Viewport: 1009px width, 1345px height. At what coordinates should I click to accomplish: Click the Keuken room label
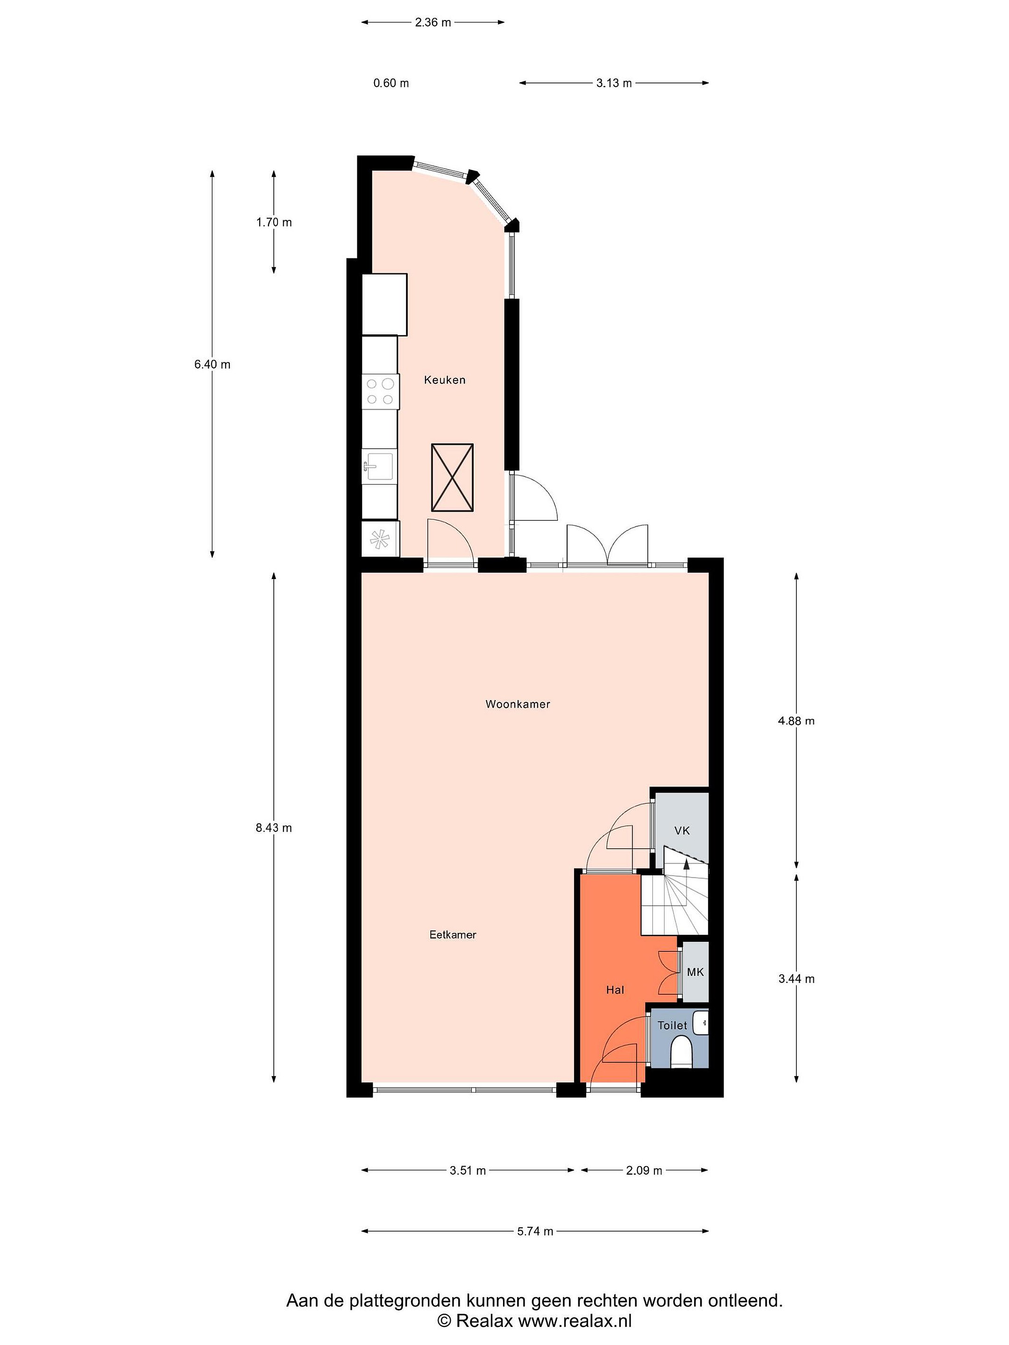445,380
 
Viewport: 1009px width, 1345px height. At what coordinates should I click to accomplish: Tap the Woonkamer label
518,704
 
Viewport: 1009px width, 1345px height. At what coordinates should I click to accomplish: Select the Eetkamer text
453,934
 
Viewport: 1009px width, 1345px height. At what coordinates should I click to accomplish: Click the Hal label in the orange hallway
615,990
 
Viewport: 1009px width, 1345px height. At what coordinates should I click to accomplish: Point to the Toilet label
672,1025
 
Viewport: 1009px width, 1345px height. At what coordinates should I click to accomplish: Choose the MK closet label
695,972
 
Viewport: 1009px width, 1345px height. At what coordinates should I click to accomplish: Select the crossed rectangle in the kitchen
452,477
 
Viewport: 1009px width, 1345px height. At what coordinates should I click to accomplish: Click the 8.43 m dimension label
274,828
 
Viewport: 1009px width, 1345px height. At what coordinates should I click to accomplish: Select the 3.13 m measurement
614,83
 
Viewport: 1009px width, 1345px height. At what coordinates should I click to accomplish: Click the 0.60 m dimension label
391,83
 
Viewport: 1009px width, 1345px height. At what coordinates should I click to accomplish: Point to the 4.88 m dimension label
796,721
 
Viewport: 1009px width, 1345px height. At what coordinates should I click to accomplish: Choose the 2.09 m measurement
644,1170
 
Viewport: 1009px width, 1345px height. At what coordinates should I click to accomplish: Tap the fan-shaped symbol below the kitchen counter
379,539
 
